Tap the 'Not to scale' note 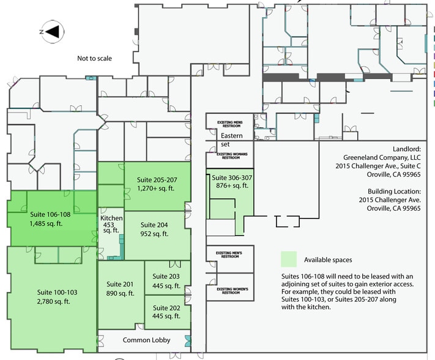(95, 59)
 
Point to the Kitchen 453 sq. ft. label (111, 224)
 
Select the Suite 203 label (166, 281)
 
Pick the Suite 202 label (166, 312)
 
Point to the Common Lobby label (146, 340)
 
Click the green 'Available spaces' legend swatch (289, 258)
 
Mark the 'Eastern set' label (231, 140)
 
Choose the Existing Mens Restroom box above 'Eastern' (229, 124)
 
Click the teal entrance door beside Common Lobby (188, 340)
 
